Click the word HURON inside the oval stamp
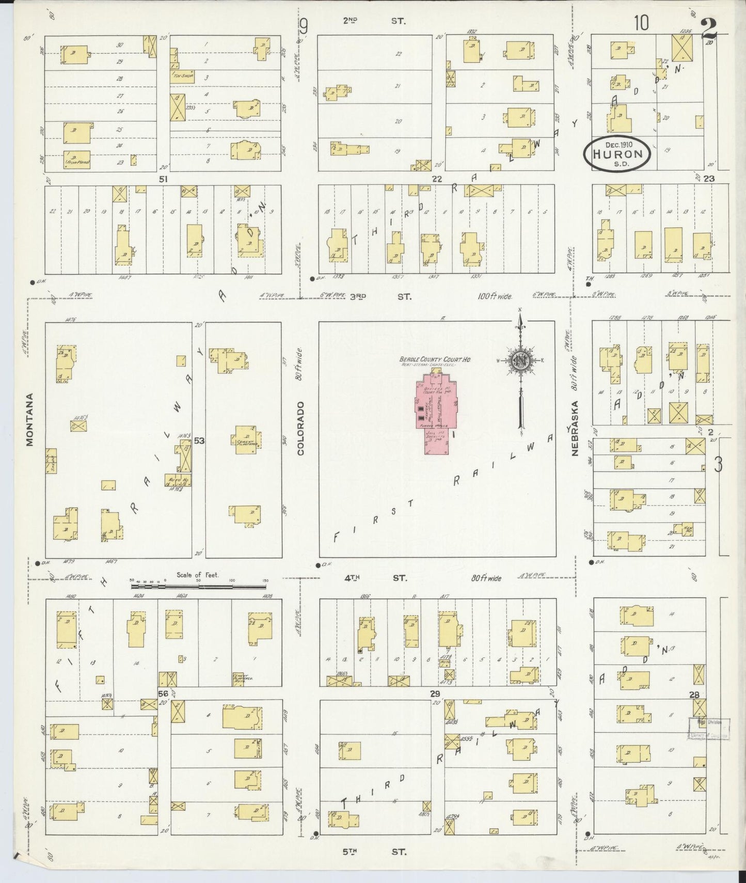(x=617, y=154)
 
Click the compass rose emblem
(x=520, y=360)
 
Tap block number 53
(x=199, y=440)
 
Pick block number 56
(x=164, y=694)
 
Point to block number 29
(x=435, y=694)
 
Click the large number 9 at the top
(x=305, y=25)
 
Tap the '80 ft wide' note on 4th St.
(x=485, y=578)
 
